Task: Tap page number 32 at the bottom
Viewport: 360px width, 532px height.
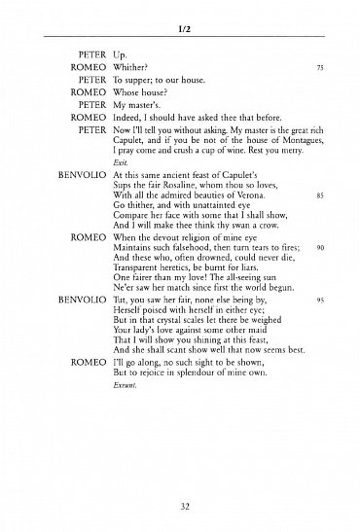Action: click(x=179, y=506)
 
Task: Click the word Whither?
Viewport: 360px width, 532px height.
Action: click(x=128, y=69)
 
